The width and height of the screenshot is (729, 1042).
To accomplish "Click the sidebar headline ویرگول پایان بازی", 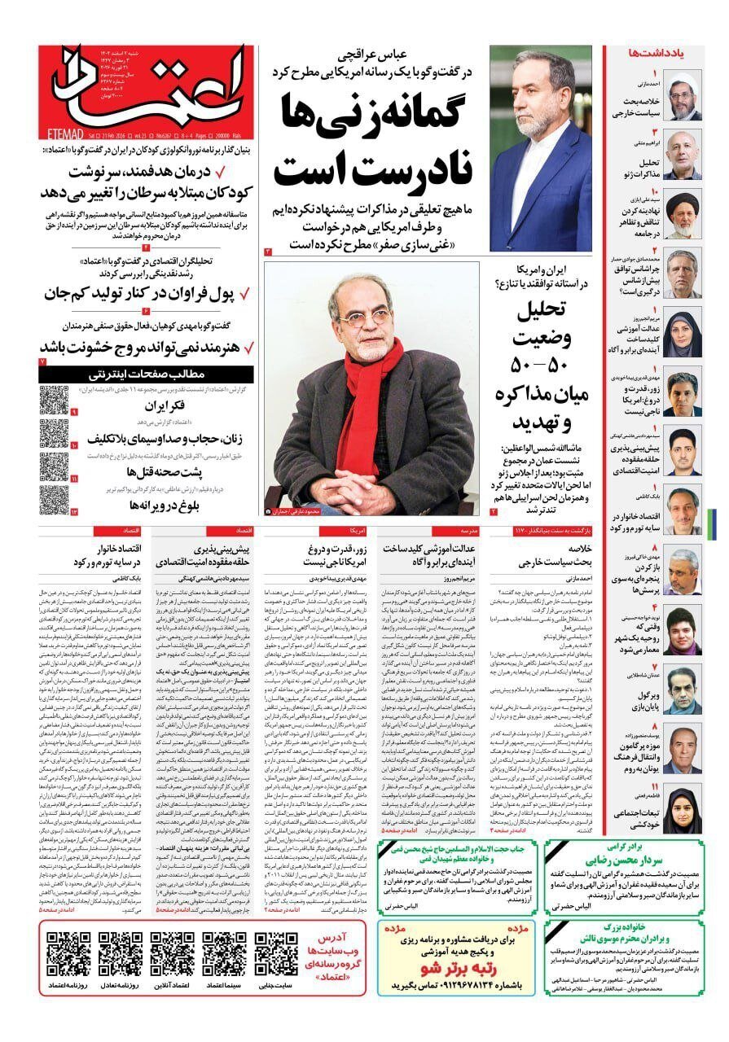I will click(639, 697).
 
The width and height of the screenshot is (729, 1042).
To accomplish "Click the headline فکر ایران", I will click(166, 405).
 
